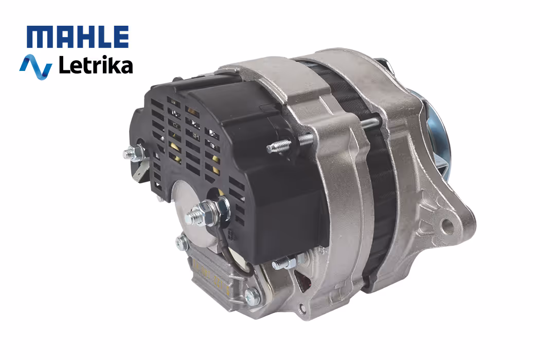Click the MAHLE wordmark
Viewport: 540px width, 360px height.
[78, 37]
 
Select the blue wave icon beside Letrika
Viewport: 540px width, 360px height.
[35, 66]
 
